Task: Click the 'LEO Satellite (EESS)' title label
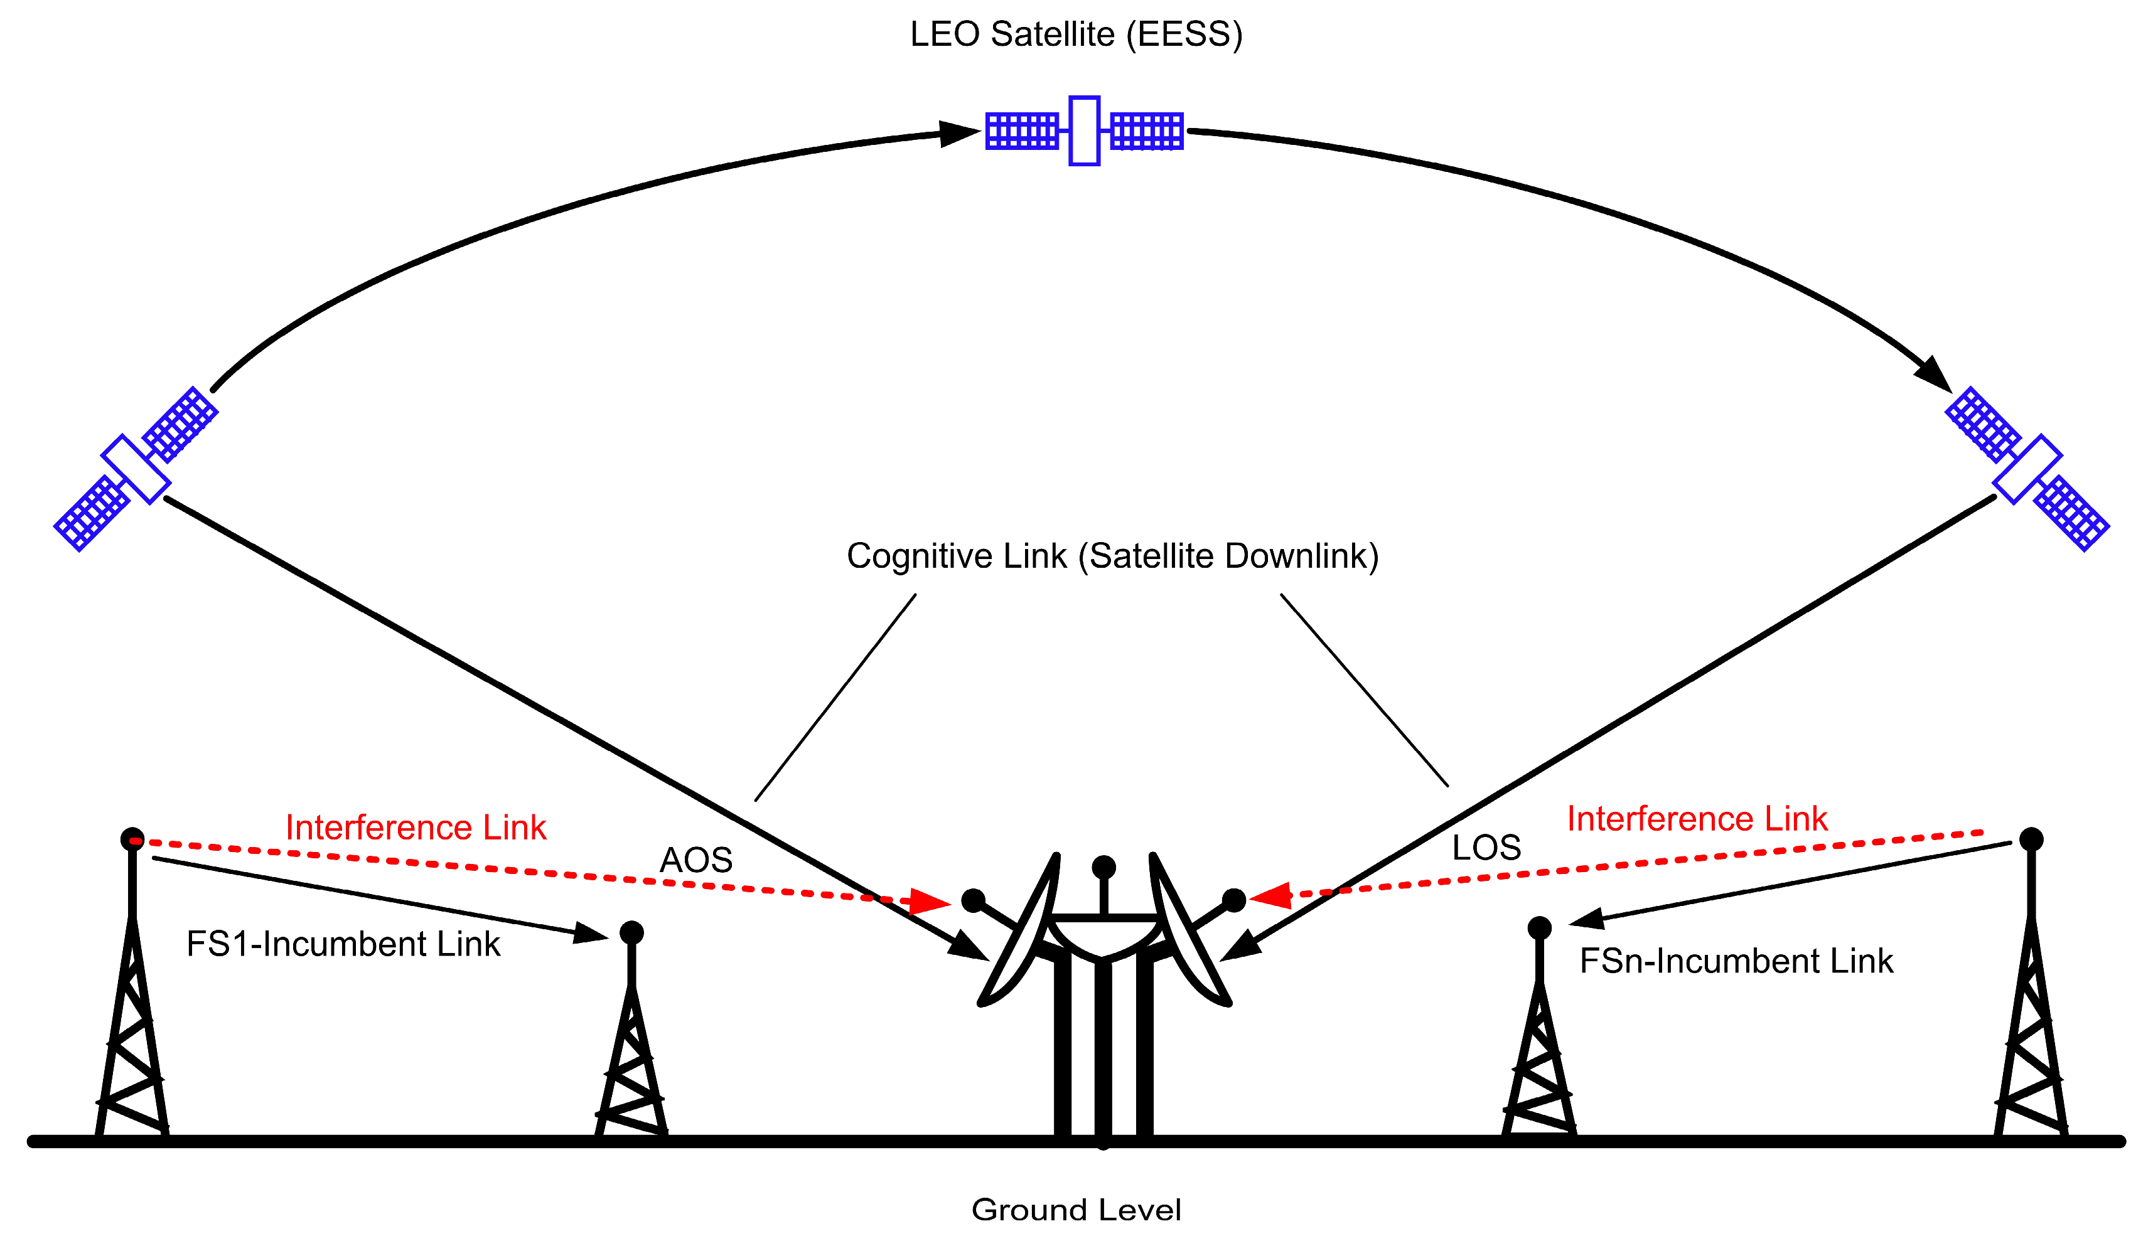[1076, 35]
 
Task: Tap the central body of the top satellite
[1084, 131]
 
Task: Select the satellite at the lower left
[136, 469]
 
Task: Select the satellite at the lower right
[2026, 469]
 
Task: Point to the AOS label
[695, 861]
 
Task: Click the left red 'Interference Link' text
[416, 828]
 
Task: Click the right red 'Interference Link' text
[1697, 819]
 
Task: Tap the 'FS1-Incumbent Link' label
[343, 945]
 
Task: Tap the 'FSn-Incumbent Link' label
[1736, 962]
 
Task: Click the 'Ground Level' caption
[1076, 1210]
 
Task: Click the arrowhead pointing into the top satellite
[960, 133]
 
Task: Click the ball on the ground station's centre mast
[1103, 866]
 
